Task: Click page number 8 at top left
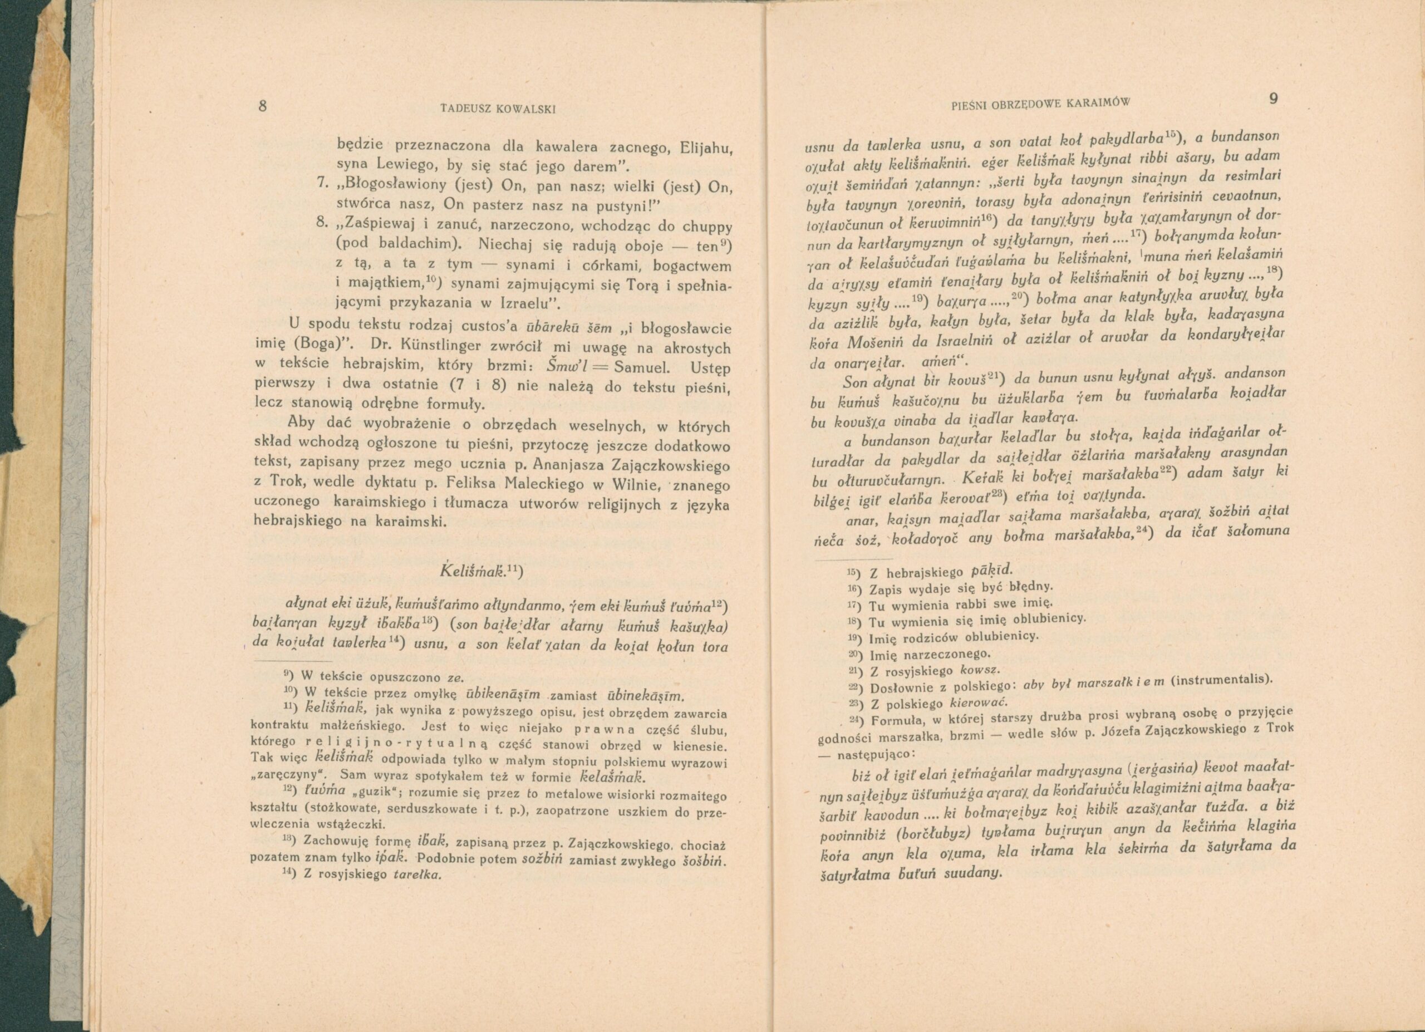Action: point(263,106)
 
